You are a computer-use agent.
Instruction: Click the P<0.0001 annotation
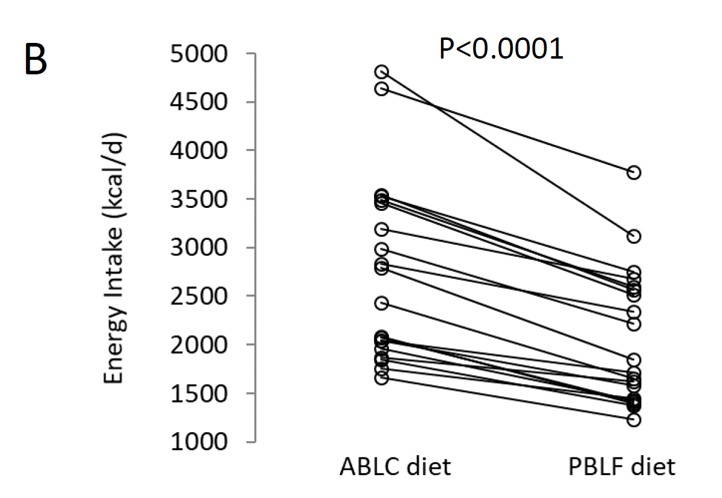pos(501,48)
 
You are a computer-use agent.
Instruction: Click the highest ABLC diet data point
pos(381,73)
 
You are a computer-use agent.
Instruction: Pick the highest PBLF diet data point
pos(634,173)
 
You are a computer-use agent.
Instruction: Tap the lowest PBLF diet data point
pos(634,419)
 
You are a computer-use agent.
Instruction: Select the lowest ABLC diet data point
pos(381,378)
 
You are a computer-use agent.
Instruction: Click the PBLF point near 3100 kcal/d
pos(634,236)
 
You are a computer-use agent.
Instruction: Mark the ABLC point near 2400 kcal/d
pos(381,303)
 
